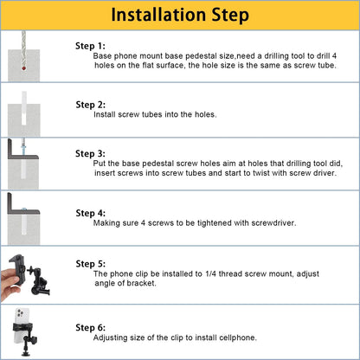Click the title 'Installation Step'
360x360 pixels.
point(180,15)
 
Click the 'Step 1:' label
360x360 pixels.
point(90,46)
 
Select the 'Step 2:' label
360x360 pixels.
point(91,105)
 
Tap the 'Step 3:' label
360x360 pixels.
point(90,153)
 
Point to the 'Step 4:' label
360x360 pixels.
point(91,213)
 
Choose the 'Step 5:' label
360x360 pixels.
point(91,264)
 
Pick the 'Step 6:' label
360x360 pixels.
point(91,328)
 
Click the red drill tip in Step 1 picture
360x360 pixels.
point(23,68)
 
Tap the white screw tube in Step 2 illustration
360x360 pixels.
point(24,108)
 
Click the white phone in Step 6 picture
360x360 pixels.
point(21,326)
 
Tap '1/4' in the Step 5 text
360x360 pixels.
point(210,273)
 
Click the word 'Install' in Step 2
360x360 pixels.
point(103,114)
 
